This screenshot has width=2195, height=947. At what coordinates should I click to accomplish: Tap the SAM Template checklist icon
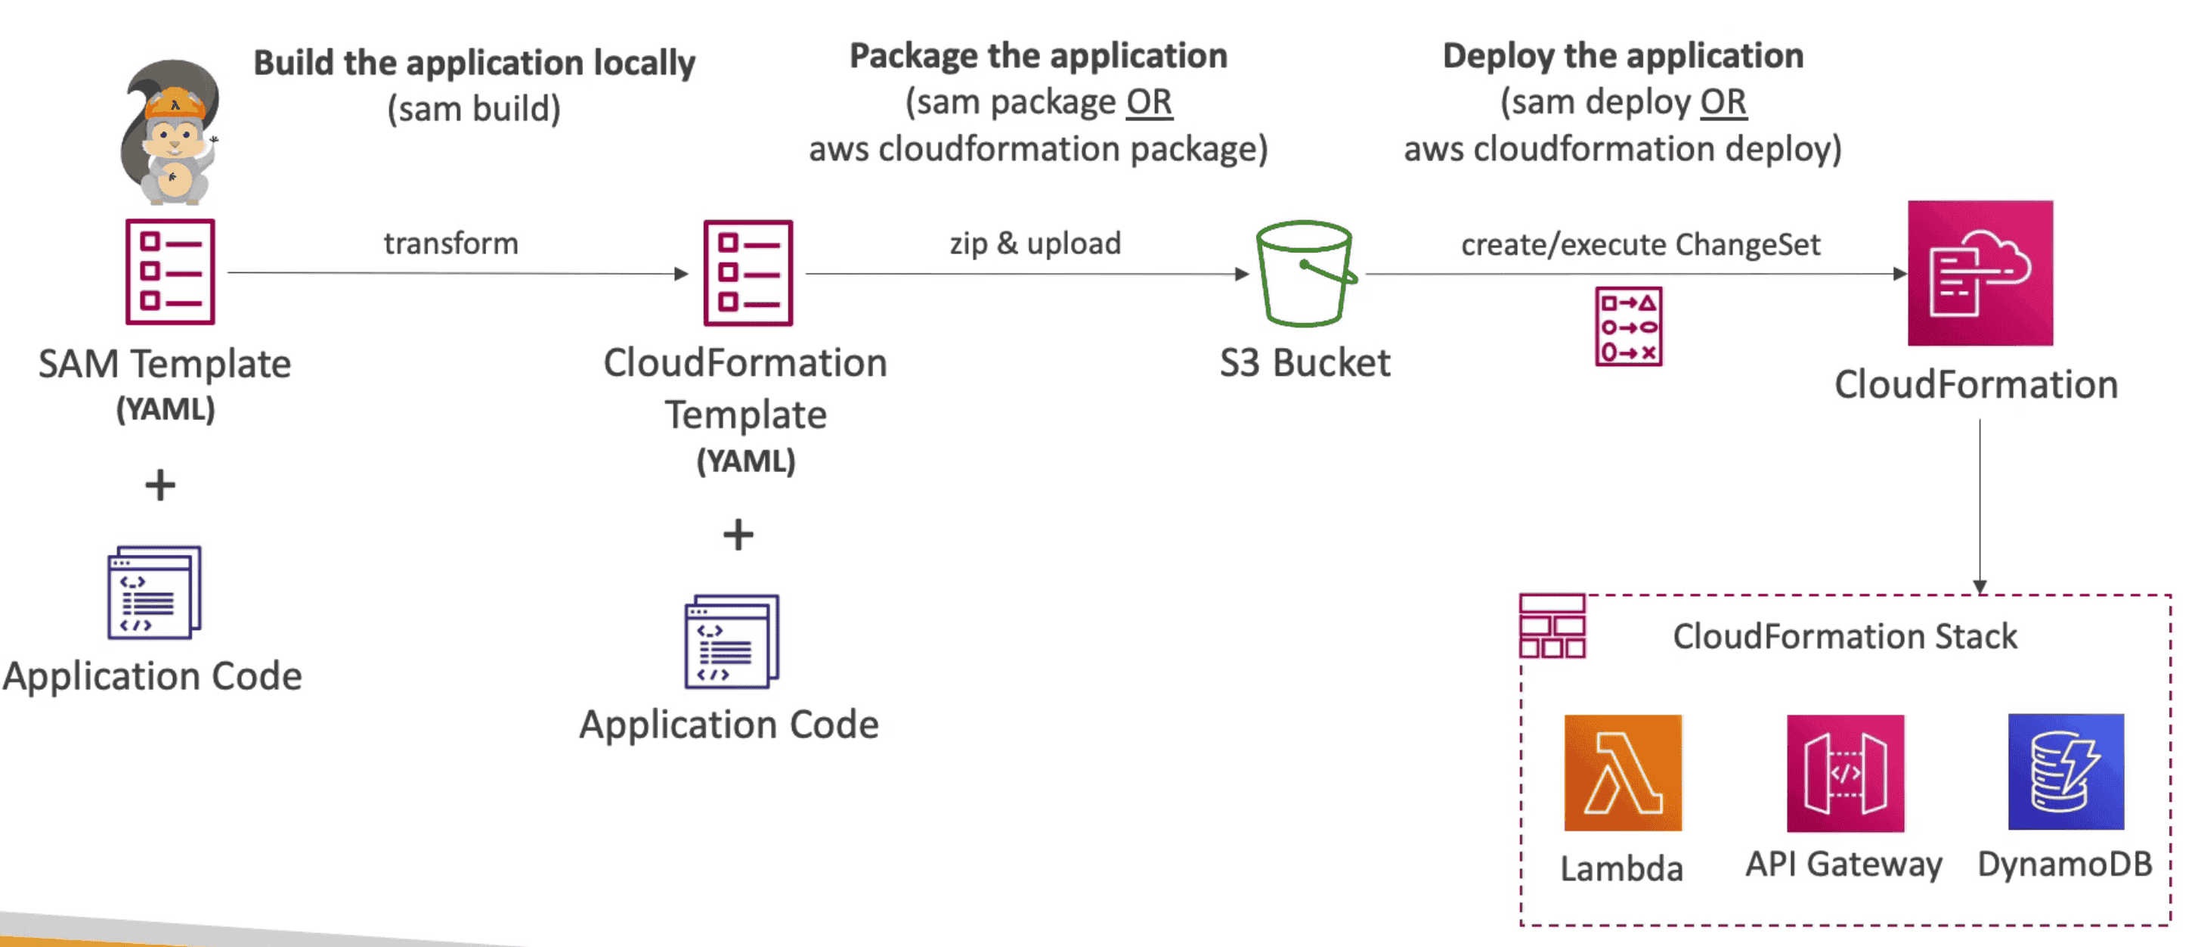[170, 272]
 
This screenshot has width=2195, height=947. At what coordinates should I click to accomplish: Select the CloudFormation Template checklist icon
[748, 273]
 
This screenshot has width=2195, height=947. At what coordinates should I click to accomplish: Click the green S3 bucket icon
[1305, 274]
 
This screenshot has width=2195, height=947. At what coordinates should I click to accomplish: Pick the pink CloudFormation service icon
[1980, 273]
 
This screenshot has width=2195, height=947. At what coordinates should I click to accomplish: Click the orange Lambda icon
[1622, 772]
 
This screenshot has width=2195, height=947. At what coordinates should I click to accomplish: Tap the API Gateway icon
[1845, 772]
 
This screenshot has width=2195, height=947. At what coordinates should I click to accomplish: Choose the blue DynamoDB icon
[2066, 772]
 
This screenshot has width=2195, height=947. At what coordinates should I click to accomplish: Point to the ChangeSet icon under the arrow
[1628, 327]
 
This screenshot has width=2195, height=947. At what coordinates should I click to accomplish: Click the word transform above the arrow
[450, 244]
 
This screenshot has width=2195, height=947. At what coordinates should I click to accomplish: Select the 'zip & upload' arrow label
[1036, 244]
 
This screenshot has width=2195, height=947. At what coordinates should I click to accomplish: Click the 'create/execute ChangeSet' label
[1640, 244]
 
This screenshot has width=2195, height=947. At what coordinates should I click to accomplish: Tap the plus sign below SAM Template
[160, 485]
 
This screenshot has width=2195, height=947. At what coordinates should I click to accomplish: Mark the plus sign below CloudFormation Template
[738, 536]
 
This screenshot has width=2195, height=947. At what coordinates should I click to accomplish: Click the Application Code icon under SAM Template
[154, 592]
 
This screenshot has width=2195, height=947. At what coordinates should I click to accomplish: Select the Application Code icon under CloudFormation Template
[732, 641]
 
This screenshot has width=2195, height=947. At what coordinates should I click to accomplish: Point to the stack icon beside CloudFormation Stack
[1553, 626]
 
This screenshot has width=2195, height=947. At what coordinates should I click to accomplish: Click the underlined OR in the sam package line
[1149, 102]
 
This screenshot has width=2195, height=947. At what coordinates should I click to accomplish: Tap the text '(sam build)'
[474, 109]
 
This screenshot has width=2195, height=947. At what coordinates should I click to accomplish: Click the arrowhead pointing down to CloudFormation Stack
[1980, 586]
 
